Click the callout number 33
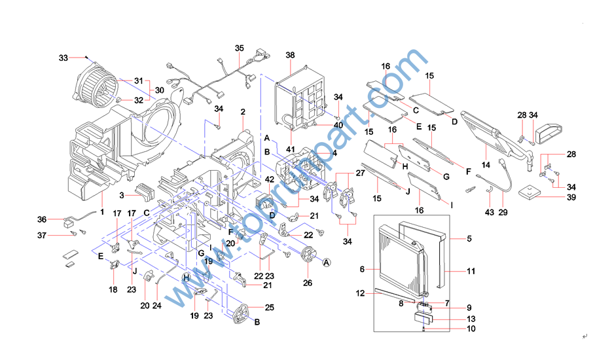[63, 58]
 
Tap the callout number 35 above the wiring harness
[240, 48]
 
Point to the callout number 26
[308, 283]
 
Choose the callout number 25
[270, 308]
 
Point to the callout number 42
[269, 179]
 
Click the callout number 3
[121, 195]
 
